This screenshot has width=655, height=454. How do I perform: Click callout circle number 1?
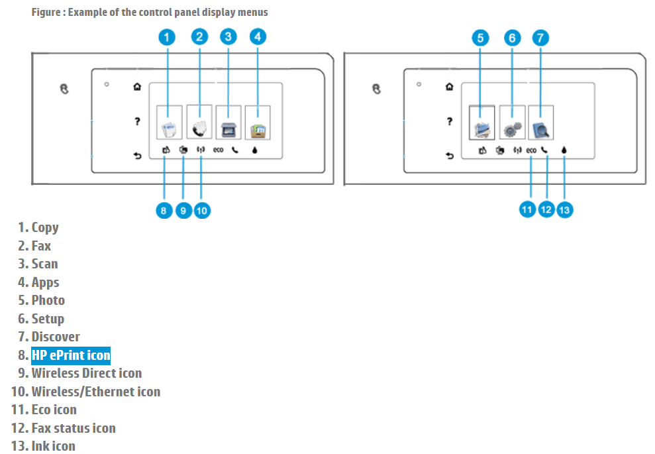(x=168, y=37)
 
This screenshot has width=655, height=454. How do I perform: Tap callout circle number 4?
(x=258, y=37)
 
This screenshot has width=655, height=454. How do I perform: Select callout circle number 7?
(x=540, y=37)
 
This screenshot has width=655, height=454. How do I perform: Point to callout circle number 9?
(x=183, y=210)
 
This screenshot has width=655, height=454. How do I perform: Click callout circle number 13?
(x=564, y=209)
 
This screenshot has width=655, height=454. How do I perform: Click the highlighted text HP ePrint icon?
(x=71, y=355)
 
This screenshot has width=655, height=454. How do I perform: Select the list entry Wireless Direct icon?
(x=87, y=373)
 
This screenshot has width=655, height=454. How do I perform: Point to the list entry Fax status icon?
(x=74, y=428)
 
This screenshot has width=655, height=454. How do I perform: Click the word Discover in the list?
(x=56, y=337)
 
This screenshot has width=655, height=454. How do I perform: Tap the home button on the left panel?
(x=137, y=86)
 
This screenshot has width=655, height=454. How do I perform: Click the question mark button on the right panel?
(x=450, y=121)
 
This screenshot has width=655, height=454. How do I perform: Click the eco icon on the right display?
(x=531, y=150)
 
